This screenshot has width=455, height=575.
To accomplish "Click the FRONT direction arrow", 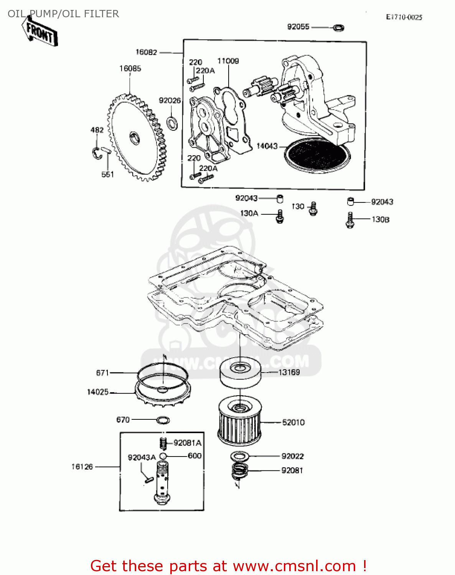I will point(40,33).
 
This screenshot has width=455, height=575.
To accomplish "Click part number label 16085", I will point(130,69).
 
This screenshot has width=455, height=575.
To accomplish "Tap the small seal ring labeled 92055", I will point(338,28).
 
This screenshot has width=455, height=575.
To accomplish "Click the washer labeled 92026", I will point(172,123).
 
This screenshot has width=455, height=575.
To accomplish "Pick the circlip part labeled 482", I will point(96,152).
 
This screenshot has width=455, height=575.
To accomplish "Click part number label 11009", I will point(228,61).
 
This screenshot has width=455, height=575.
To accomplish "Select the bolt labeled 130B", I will point(349,220).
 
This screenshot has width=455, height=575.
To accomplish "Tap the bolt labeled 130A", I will point(280,217).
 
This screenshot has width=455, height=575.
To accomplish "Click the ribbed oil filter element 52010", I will point(240,422).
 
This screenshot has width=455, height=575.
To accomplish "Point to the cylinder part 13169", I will point(240,373).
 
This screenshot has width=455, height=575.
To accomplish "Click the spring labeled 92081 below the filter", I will point(240,471).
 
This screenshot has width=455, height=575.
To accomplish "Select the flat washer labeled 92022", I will point(240,456).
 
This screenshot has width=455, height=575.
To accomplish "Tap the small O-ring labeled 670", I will point(163,420).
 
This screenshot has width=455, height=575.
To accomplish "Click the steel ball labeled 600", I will point(163,456).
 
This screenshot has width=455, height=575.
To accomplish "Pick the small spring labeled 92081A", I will point(163,443).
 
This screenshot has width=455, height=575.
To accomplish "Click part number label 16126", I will point(82,467).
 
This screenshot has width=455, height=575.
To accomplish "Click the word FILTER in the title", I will point(101,14).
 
